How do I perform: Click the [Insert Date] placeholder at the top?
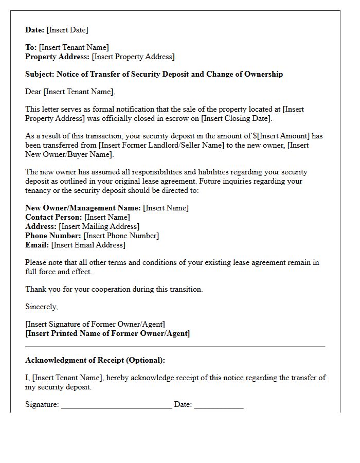(67, 30)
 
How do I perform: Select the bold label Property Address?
(58, 57)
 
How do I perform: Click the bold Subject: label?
(40, 74)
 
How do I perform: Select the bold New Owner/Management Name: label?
(83, 208)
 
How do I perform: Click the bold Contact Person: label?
(54, 217)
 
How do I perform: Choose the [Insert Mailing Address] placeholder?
(99, 226)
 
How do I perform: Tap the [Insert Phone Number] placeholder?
(121, 236)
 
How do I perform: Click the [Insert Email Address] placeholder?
(88, 245)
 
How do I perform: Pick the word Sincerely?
(41, 307)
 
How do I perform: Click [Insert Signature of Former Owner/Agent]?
(95, 324)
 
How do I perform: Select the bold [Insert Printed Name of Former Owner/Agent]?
(107, 333)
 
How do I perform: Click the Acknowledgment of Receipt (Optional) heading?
(95, 360)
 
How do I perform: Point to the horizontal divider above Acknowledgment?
(175, 347)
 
